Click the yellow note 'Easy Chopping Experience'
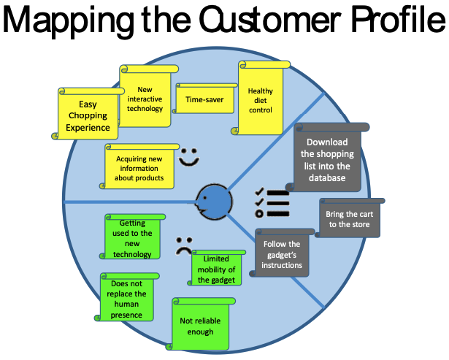click(88, 115)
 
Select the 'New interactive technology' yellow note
click(145, 99)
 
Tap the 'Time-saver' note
click(204, 99)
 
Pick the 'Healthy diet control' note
click(261, 101)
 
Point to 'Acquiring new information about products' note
click(140, 167)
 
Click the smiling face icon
click(189, 157)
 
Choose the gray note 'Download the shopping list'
click(327, 159)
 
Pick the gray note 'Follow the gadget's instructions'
click(282, 254)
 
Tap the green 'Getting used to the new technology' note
click(132, 238)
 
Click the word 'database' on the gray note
click(327, 177)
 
